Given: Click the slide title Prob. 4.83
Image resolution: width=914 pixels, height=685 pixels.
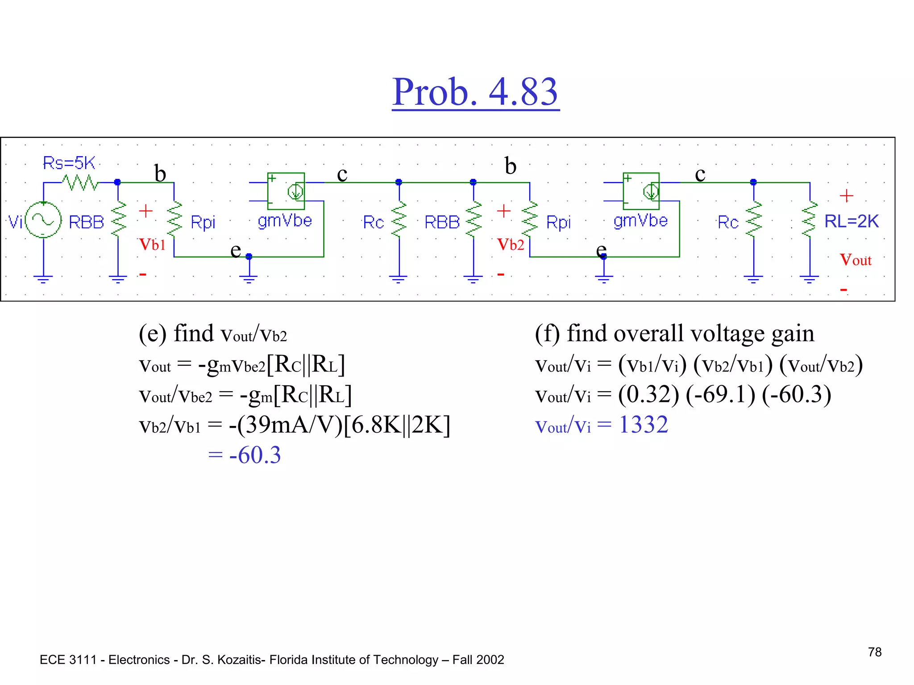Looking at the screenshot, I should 475,92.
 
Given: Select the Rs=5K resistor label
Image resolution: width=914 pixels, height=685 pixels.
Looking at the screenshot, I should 69,163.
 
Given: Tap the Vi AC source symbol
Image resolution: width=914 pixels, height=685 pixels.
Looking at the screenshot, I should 43,219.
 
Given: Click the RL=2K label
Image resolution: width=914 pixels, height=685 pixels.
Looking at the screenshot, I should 851,221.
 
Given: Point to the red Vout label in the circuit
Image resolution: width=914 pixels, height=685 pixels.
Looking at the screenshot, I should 855,260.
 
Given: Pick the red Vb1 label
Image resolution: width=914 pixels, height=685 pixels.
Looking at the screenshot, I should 152,244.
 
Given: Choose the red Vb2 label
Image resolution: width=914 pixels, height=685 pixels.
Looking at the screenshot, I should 511,244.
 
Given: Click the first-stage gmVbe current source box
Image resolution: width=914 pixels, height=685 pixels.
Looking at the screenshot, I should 286,191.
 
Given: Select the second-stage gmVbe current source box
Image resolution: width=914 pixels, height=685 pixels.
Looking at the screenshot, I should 641,191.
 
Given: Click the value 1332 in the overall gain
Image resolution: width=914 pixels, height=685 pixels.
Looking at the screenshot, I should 643,425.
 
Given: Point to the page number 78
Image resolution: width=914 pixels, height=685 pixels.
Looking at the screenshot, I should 875,652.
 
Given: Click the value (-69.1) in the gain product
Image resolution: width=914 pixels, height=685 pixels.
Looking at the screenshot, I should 720,395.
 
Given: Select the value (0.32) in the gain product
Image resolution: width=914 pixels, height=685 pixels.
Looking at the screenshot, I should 648,395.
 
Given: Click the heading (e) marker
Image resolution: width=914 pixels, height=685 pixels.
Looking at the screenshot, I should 152,334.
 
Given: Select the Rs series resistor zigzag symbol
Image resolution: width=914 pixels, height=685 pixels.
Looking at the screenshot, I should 80,182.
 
